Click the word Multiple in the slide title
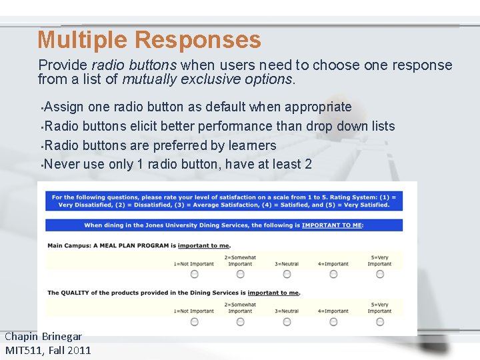[83, 40]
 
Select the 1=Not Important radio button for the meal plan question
[194, 274]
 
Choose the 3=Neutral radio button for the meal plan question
[287, 274]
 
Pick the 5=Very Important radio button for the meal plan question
[380, 274]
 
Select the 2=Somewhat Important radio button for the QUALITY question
[241, 321]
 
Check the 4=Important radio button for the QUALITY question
[333, 321]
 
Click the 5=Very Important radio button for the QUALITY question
[380, 321]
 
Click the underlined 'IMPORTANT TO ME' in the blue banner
[331, 225]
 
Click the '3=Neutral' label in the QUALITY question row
[287, 311]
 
